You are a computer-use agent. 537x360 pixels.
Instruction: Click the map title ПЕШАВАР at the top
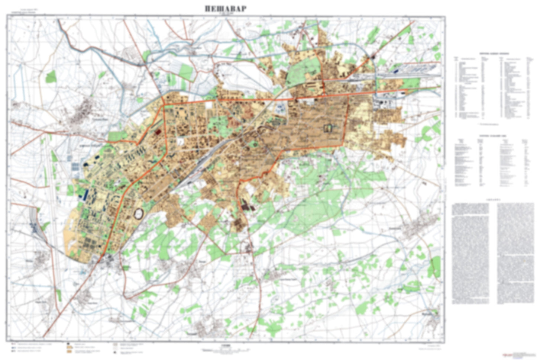pos(225,9)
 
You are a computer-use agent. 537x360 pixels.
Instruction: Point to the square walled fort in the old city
pos(328,128)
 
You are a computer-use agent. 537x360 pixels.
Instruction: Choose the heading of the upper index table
pos(491,54)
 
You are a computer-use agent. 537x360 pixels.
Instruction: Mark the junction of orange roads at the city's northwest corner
pos(164,106)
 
